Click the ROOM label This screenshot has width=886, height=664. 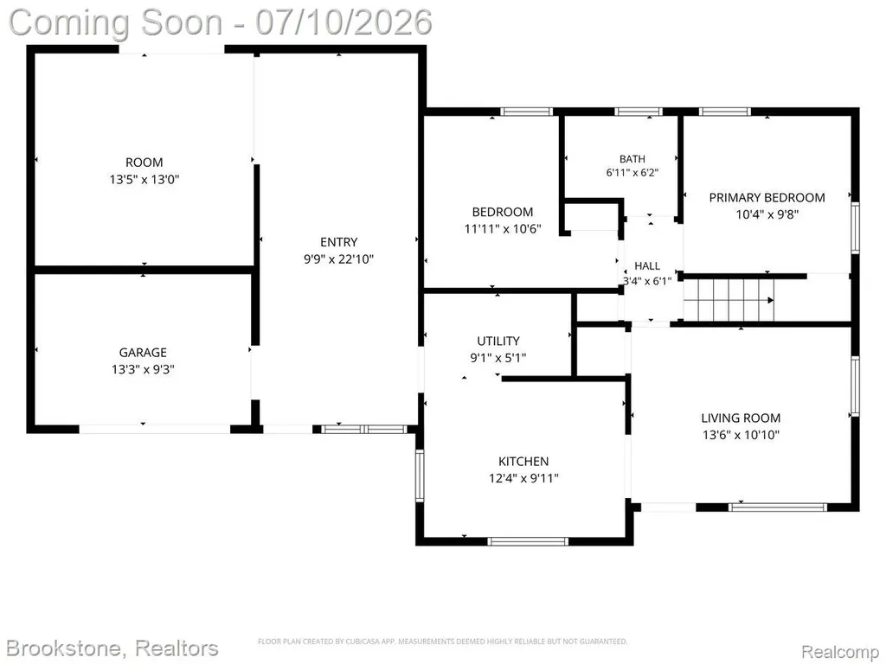pos(144,163)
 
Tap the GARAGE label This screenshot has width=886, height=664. pos(143,353)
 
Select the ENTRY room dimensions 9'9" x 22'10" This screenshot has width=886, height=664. pos(339,259)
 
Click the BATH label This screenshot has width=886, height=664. pos(632,159)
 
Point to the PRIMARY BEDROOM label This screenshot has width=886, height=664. pos(767,198)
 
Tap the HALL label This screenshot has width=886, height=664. pos(647,266)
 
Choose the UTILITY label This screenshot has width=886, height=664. pos(498,341)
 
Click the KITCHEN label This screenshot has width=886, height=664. pos(523,462)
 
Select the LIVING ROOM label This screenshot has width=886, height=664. pos(741,418)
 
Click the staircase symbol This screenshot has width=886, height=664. pos(729,301)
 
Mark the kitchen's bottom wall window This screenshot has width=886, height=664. pos(528,541)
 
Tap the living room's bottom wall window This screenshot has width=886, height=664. pos(778,507)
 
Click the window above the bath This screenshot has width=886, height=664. pos(639,112)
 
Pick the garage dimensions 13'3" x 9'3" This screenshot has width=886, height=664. pos(143,370)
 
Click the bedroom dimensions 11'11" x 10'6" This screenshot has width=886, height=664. pos(503,229)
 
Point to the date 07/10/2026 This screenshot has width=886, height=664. pos(344,22)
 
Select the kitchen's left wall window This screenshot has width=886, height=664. pos(420,476)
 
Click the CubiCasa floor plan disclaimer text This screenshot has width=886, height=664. pos(442,642)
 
